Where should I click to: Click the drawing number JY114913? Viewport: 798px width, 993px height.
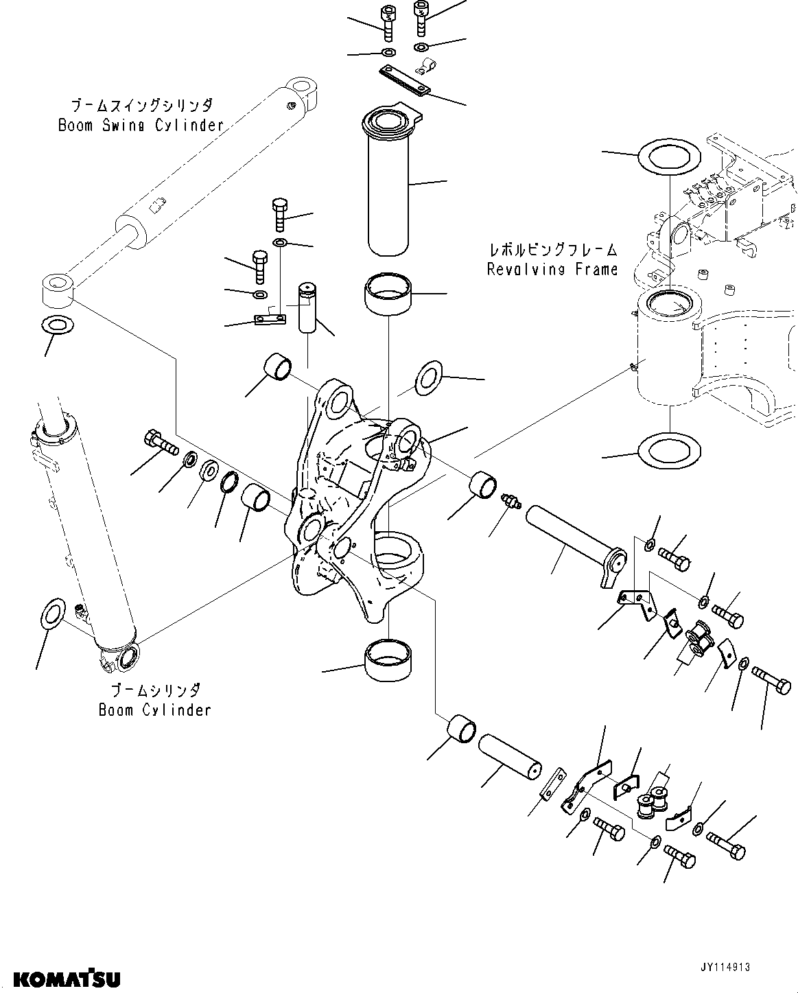click(725, 966)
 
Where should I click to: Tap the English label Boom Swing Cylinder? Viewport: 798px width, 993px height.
click(141, 125)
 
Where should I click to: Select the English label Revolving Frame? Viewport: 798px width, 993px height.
click(552, 269)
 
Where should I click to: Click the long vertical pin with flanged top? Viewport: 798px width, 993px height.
click(388, 185)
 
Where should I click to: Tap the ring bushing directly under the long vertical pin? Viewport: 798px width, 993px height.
click(388, 294)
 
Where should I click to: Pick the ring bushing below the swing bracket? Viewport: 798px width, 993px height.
click(388, 659)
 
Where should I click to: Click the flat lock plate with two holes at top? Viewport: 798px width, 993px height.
click(405, 80)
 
